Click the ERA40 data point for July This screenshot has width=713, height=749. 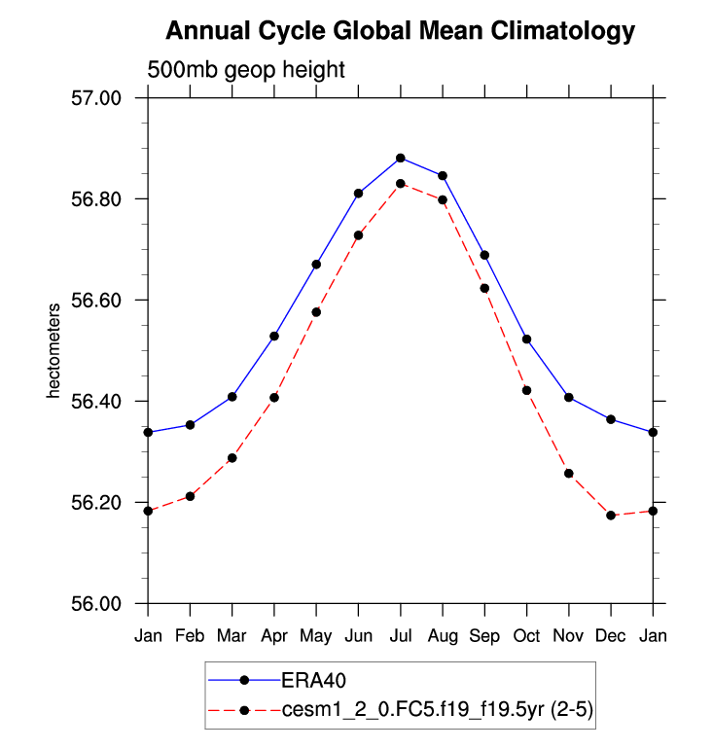[401, 158]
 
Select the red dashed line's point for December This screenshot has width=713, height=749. [611, 516]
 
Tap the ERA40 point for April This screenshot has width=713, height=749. [274, 337]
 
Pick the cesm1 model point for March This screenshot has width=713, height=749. [232, 458]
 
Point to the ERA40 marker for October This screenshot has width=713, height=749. [526, 339]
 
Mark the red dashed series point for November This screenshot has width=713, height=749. [569, 474]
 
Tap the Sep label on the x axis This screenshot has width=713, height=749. [484, 635]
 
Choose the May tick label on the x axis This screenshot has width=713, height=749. [316, 635]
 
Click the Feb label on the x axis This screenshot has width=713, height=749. [190, 635]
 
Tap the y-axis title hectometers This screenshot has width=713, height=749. [55, 351]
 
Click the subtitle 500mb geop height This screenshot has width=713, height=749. [246, 70]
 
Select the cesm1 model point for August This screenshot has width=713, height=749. [443, 200]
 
